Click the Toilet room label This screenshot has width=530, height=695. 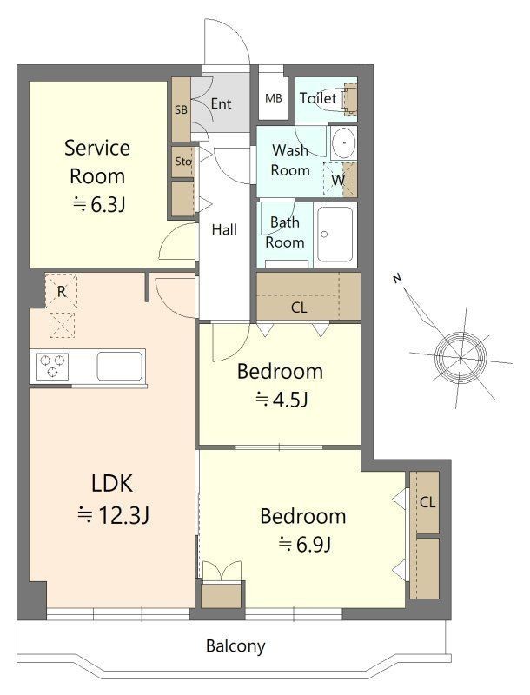318,98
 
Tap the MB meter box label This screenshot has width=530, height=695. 274,98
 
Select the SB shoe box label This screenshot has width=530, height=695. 181,109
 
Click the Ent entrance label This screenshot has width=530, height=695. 221,103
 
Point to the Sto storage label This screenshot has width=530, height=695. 183,161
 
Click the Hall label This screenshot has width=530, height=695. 224,229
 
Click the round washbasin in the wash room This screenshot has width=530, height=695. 343,142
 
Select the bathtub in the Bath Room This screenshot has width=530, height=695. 335,234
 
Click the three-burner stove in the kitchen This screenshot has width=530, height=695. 52,367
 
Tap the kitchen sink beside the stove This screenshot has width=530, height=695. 120,366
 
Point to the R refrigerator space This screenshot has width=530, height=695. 61,291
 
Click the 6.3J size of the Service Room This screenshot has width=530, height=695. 99,205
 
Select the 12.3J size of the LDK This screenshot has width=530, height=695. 113,515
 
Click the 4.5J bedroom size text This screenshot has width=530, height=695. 282,400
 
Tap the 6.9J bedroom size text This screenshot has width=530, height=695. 304,545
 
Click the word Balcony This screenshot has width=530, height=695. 235,645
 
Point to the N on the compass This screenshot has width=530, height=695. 397,278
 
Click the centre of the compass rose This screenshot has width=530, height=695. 460,357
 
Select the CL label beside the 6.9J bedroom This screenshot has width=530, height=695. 427,502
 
